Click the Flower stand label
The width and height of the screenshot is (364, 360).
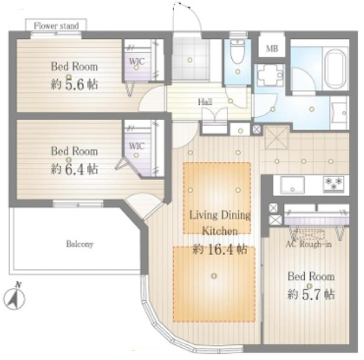pos(56,25)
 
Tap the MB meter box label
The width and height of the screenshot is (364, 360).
pos(272,48)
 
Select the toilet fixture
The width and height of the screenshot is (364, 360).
pos(237,52)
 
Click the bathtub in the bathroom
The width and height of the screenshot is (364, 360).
pos(335,68)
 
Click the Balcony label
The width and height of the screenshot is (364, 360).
pos(80,244)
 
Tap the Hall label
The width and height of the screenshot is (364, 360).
pos(205,102)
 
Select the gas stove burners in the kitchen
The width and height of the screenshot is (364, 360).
pos(333,184)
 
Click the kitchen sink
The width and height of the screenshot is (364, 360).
pos(292,184)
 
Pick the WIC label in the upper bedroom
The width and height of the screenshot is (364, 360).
pos(137,61)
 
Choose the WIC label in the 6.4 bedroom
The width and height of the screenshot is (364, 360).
pos(137,145)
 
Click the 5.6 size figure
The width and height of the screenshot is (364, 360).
pos(74,85)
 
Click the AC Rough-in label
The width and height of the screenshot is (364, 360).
pos(308,244)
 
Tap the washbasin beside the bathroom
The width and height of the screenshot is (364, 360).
pos(339,112)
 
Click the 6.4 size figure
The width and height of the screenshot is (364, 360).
pos(74,169)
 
